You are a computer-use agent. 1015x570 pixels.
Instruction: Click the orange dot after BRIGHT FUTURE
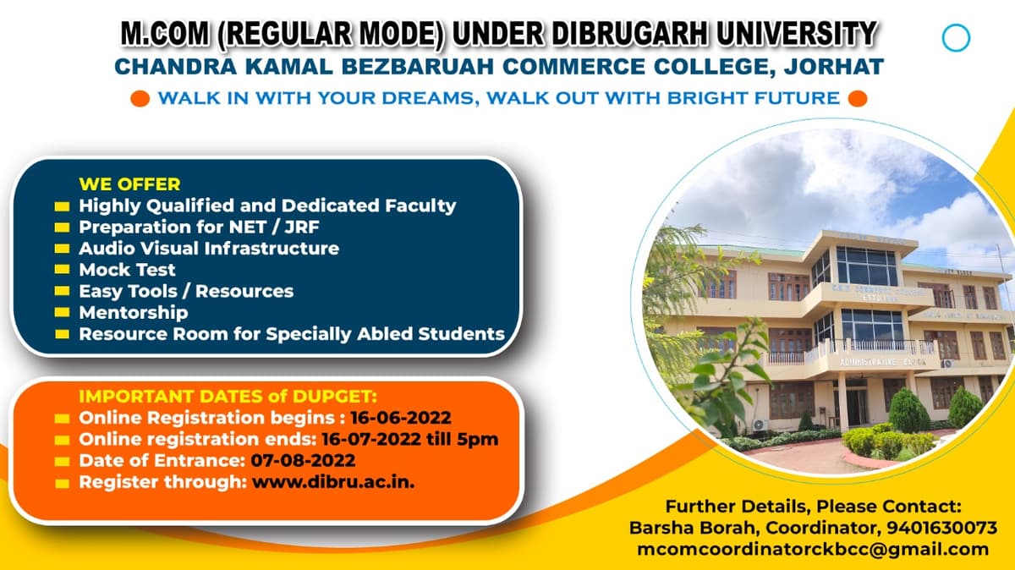click(857, 98)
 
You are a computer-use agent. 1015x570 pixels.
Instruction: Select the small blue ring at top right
click(956, 38)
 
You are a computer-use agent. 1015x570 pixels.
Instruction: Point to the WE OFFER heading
click(129, 184)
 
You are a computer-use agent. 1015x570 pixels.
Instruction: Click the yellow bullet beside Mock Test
click(62, 271)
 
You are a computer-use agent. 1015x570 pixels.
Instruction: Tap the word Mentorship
click(133, 312)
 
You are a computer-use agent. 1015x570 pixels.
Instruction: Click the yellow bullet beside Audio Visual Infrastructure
click(62, 249)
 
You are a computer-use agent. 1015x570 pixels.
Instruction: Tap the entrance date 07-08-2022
click(303, 461)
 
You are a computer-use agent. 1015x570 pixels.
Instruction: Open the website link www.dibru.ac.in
click(332, 483)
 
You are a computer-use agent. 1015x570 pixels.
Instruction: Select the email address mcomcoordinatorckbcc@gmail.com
click(812, 549)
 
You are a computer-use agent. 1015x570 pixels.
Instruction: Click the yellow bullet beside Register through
click(62, 484)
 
